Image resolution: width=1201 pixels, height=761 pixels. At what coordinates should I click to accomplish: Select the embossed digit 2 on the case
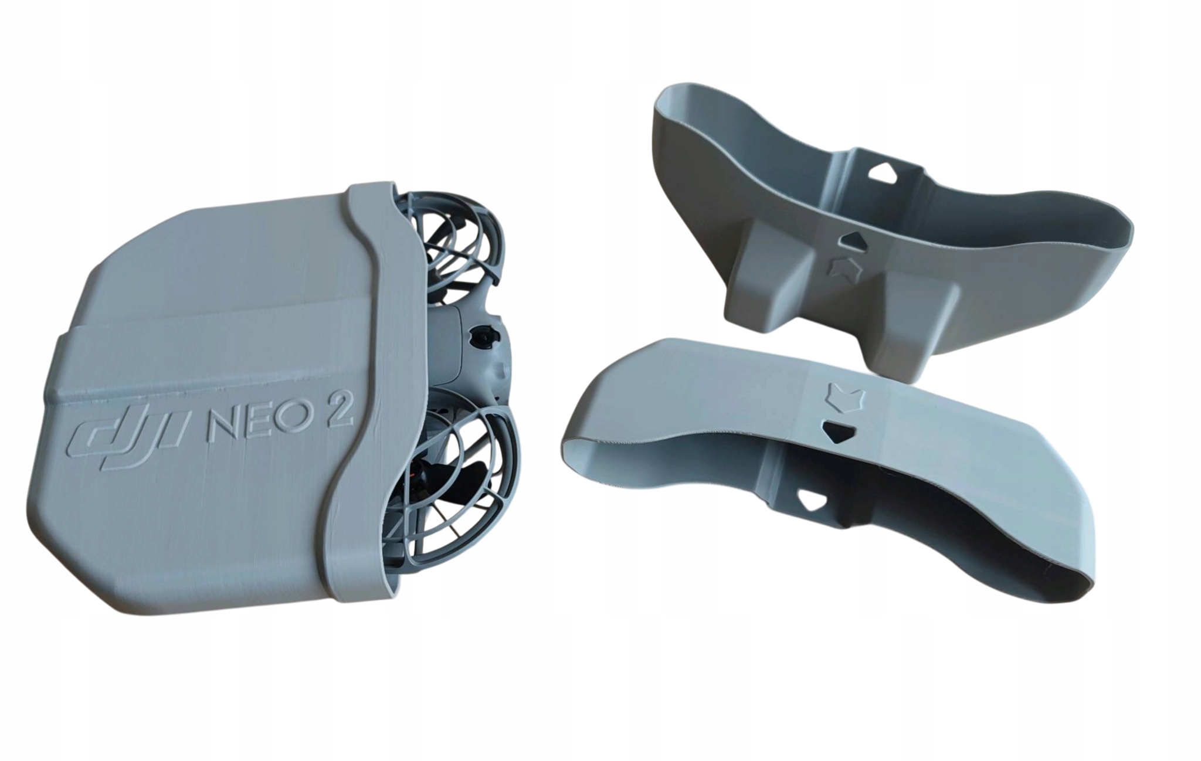tap(336, 416)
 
